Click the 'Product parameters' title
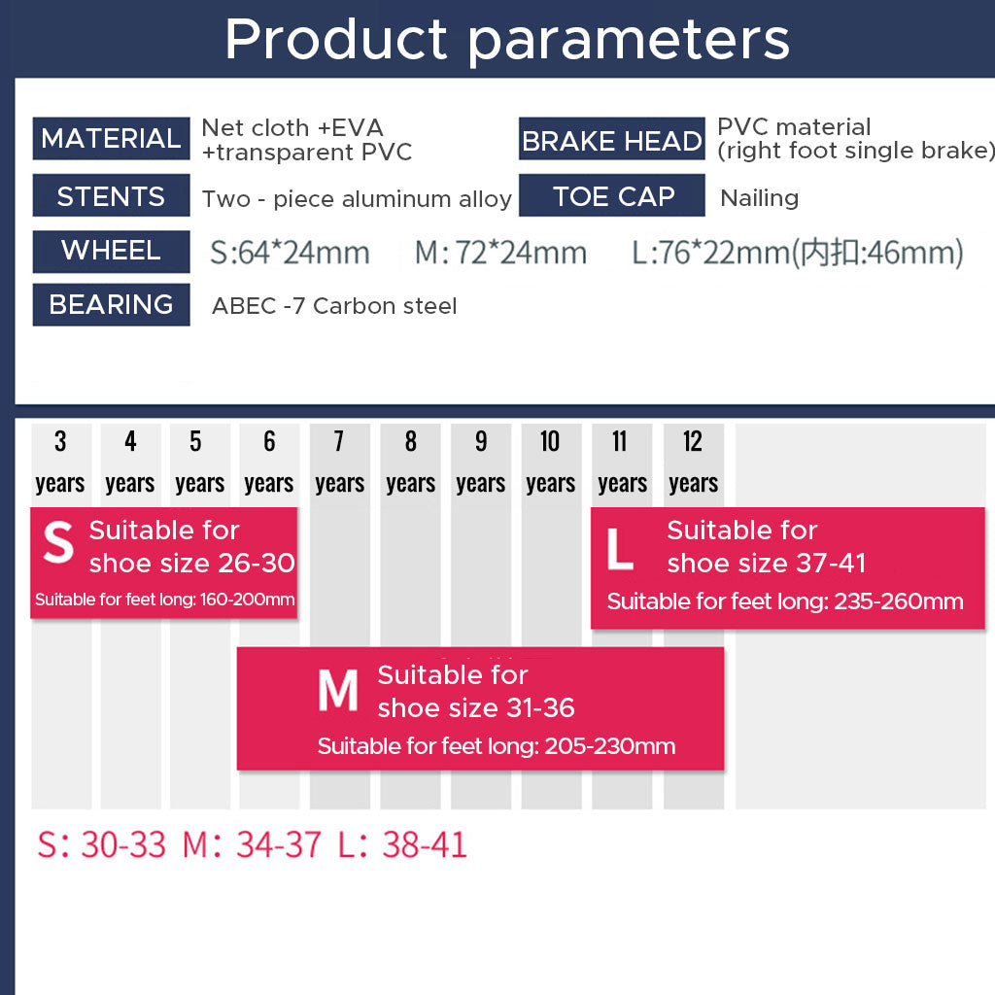pos(507,40)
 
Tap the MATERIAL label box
pos(111,138)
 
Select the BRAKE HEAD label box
pos(612,138)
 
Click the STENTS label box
pos(111,195)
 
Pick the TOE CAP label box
pos(612,195)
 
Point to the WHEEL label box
pos(111,252)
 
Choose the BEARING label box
pos(111,304)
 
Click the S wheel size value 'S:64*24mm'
pos(290,253)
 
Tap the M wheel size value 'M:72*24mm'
pos(500,253)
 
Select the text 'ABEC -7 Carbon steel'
pos(334,306)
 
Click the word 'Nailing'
pos(760,198)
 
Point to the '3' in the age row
pos(60,441)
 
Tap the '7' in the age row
pos(339,441)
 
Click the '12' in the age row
pos(692,441)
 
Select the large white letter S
pos(58,542)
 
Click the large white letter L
pos(620,549)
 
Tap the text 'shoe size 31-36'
pos(476,707)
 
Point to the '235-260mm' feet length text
pos(899,600)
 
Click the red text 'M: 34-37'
pos(252,845)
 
